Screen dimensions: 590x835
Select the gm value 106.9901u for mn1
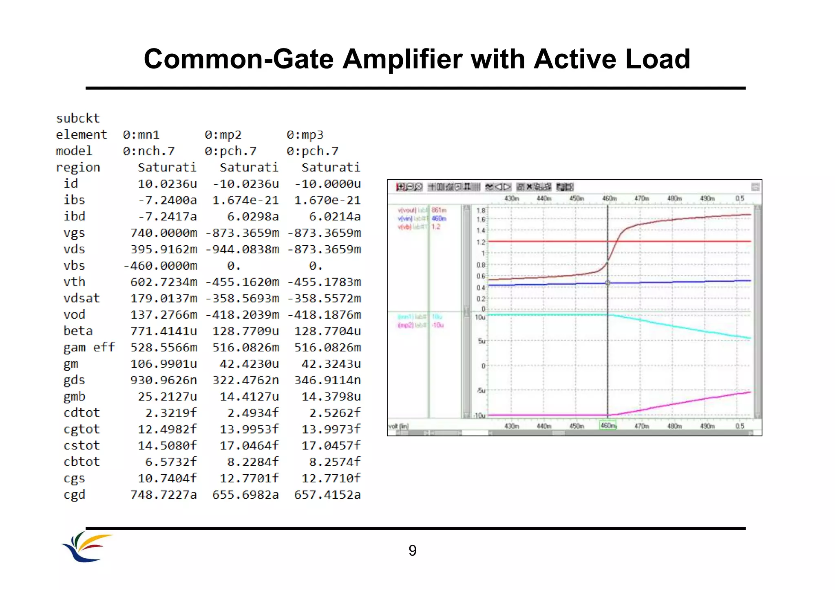[x=163, y=364]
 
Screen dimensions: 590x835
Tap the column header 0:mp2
[x=223, y=135]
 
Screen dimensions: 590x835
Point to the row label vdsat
[x=82, y=298]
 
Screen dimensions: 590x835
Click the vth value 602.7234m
[x=163, y=282]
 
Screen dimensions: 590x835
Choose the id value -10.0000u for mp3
[x=327, y=184]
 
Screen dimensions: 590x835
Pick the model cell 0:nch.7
[x=149, y=151]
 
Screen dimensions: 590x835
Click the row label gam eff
[x=89, y=348]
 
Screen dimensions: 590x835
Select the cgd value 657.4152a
[x=327, y=495]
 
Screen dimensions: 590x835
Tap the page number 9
[x=412, y=550]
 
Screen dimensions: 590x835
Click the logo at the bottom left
[x=87, y=547]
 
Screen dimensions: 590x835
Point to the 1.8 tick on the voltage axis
[x=481, y=211]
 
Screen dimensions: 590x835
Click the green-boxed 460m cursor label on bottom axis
[x=608, y=425]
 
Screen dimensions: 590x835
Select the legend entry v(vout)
[x=407, y=210]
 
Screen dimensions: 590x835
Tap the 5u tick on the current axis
[x=482, y=341]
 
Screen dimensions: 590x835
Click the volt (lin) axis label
[x=398, y=426]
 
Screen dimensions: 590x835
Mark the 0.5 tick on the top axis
[x=740, y=198]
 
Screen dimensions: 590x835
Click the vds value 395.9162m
[x=163, y=249]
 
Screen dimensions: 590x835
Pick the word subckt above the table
[x=78, y=119]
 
